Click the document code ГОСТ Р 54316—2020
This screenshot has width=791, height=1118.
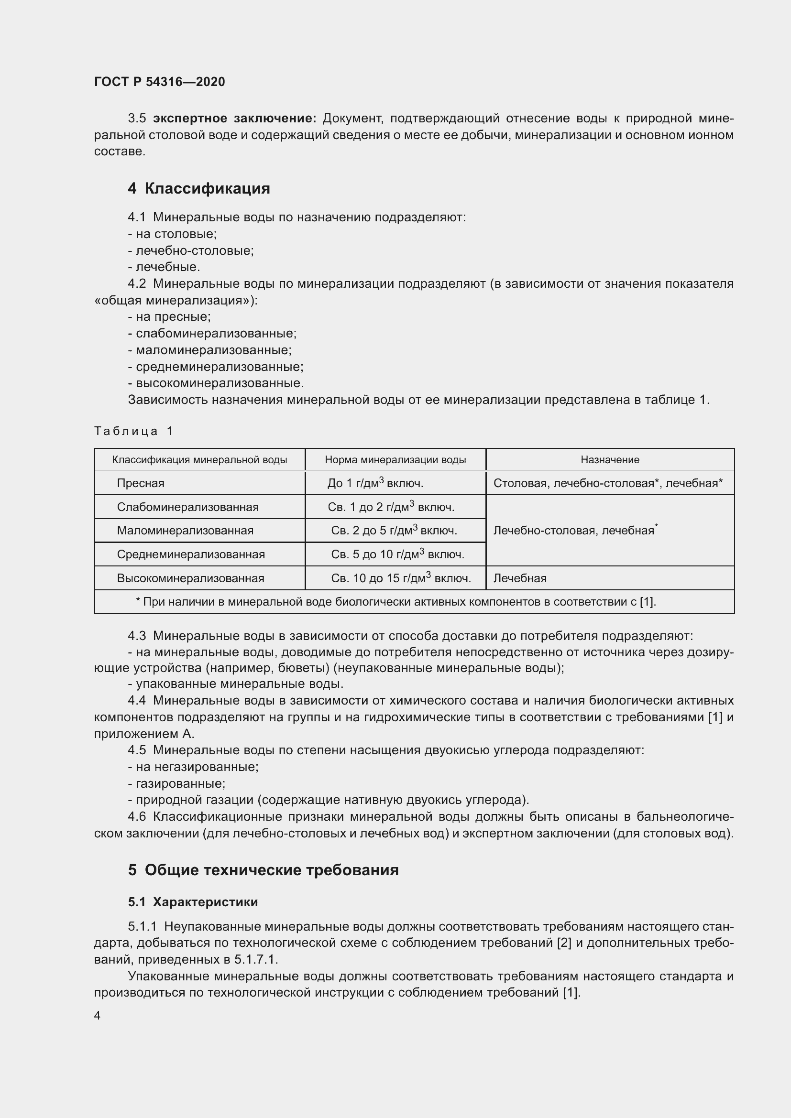coord(159,82)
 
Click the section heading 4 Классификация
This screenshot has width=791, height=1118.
coord(199,188)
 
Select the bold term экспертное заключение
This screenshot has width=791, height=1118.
coord(235,119)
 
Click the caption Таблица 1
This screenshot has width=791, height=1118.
coord(133,431)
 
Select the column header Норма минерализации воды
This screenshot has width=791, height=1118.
coord(395,460)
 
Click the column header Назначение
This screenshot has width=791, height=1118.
coord(610,460)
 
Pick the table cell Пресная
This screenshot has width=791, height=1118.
coord(140,484)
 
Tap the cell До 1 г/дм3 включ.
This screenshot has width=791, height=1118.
coord(375,483)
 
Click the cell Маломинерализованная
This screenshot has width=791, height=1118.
coord(185,531)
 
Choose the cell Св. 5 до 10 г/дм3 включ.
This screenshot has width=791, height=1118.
coord(397,554)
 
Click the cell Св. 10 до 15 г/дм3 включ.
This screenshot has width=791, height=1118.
coord(401,578)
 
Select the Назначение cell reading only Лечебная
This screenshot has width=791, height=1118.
coord(520,578)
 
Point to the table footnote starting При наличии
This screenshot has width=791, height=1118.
coord(396,602)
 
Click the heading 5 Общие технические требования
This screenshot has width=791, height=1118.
coord(263,870)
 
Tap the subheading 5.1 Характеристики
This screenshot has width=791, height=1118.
coord(193,902)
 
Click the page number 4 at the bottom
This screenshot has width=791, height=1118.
coord(98,1016)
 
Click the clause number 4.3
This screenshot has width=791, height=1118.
coord(136,636)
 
